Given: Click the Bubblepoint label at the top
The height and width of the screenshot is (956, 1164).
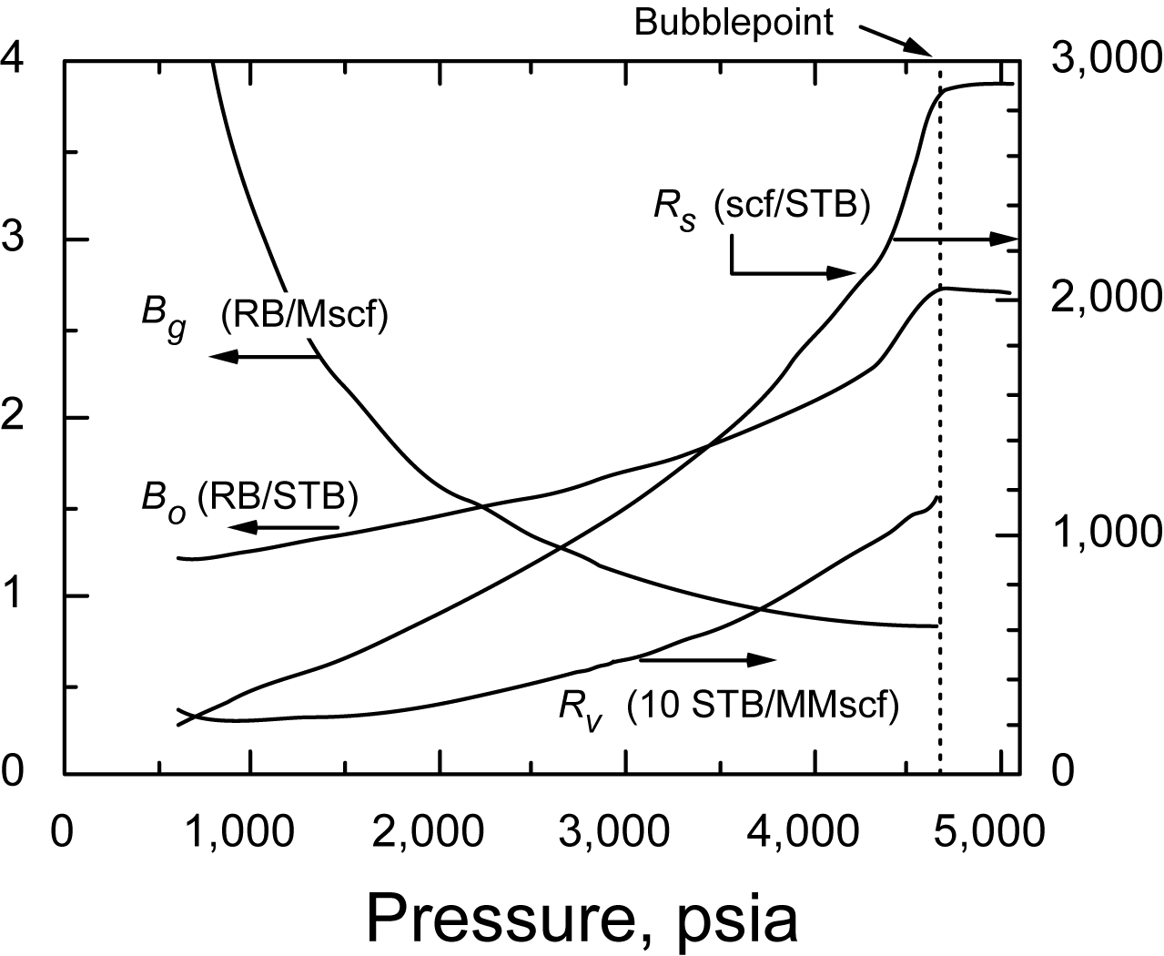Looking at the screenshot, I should [x=734, y=22].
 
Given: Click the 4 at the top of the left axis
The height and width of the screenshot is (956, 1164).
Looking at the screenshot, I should [x=13, y=59].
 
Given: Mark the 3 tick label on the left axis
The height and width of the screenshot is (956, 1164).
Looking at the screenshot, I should [x=13, y=239].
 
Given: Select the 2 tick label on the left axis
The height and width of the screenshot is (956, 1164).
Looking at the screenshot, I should [x=13, y=418].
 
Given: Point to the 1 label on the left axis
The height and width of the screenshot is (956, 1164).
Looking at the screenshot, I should [x=13, y=596].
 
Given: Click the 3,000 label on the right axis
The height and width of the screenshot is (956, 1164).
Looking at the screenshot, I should [x=1105, y=59].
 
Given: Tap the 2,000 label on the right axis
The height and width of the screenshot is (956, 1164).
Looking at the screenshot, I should [x=1105, y=298].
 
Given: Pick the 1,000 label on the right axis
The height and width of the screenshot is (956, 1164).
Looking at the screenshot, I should [x=1105, y=534].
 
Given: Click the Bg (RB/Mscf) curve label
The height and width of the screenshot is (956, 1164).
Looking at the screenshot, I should [x=264, y=318].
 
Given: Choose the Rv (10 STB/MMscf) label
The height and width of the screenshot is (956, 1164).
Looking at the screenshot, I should [x=728, y=706].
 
